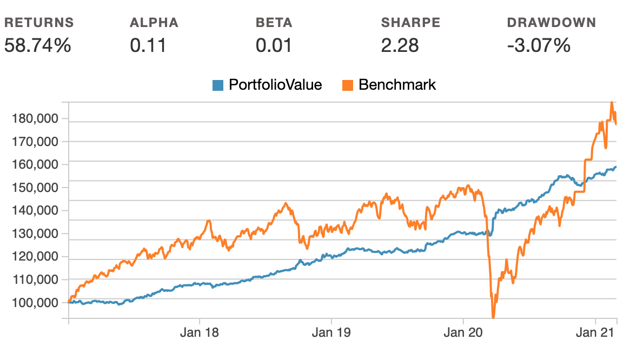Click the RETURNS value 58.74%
37,45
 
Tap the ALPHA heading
154,23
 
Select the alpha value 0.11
148,45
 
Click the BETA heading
274,23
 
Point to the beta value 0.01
274,45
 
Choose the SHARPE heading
410,23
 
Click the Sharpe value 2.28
400,45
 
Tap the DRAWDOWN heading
551,23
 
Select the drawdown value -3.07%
539,45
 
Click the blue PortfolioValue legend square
218,85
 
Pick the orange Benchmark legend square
348,85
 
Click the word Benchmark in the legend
397,85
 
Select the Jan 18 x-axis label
200,332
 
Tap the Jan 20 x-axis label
463,332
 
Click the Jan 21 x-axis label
595,332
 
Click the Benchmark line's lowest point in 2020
493,317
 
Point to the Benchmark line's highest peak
612,102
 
